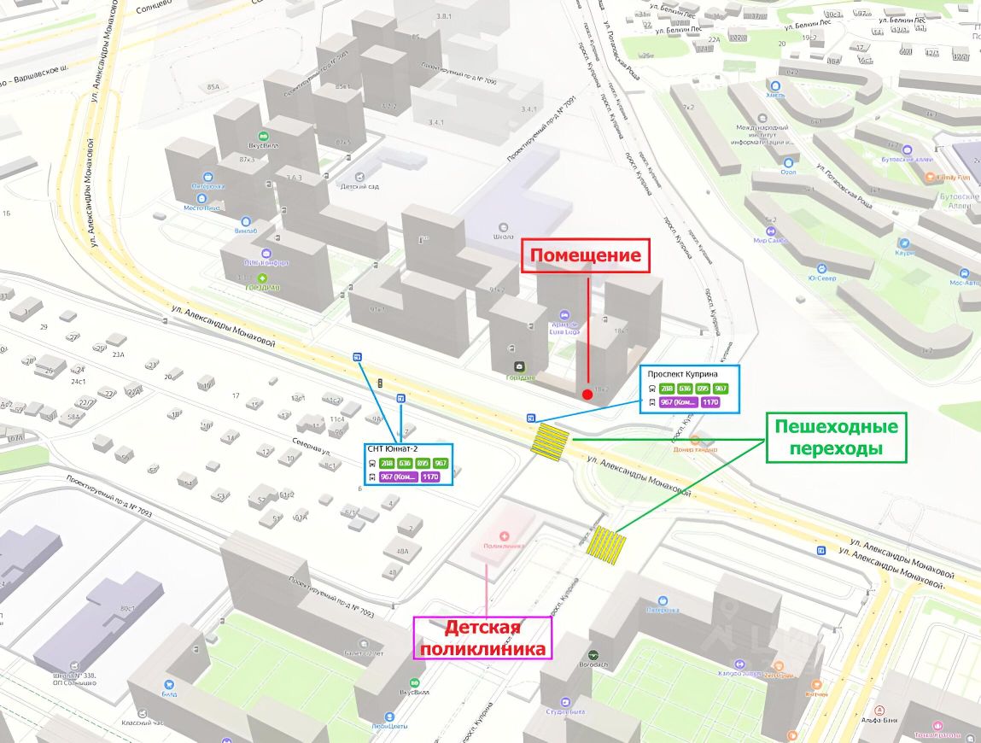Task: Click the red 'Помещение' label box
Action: (x=586, y=255)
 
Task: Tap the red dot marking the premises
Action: (x=587, y=394)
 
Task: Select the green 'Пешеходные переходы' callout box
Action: (x=836, y=437)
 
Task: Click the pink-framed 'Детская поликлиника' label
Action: (x=482, y=639)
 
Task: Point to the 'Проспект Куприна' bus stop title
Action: (x=682, y=374)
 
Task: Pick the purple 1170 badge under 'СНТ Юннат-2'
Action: (x=430, y=477)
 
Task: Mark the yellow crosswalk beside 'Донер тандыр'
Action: (x=550, y=443)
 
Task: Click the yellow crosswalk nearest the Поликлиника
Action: (x=606, y=542)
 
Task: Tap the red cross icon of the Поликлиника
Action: (x=504, y=535)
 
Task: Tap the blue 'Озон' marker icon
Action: (x=788, y=162)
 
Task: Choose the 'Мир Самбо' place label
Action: (x=770, y=240)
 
